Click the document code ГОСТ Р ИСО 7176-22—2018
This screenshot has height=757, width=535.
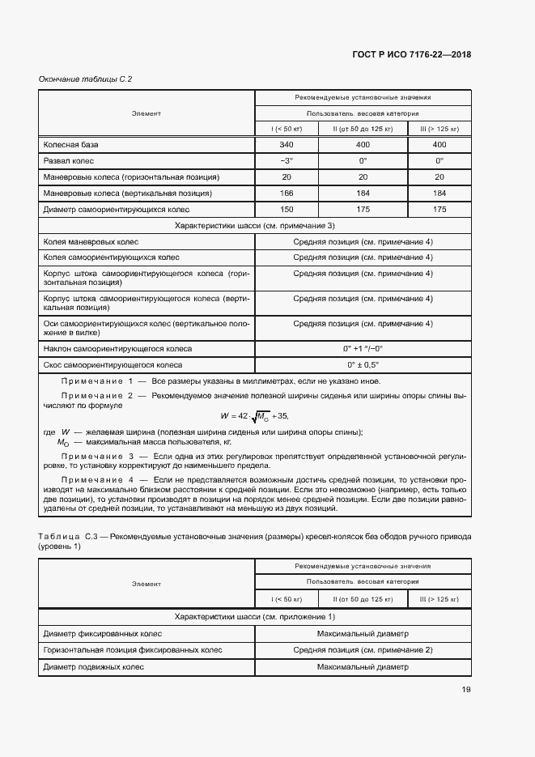point(412,55)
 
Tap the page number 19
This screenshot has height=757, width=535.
point(465,690)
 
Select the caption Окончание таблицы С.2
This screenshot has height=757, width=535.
point(85,79)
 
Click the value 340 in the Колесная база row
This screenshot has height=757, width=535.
point(286,144)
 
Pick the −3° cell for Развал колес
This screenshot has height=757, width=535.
point(286,160)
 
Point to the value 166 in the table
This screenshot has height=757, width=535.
point(286,194)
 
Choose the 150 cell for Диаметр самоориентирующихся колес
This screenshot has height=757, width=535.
point(286,210)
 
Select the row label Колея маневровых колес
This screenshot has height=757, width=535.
point(91,241)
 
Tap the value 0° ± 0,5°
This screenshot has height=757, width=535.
point(363,365)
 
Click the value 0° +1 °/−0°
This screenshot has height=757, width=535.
point(363,348)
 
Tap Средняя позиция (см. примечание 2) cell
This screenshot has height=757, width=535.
point(363,650)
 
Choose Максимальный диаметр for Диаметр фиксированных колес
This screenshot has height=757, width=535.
point(363,633)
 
